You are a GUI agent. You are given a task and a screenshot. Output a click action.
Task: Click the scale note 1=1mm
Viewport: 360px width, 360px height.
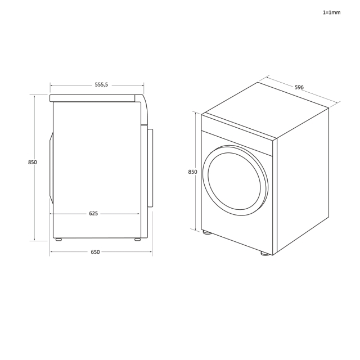[331, 12]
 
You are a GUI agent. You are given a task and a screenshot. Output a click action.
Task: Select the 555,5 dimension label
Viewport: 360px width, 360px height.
[101, 85]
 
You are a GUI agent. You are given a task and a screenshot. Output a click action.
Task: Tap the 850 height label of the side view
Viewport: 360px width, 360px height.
[33, 163]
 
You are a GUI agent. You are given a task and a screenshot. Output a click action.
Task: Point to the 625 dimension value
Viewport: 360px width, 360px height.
[93, 214]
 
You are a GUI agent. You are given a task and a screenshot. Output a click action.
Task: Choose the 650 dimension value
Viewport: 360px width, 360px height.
[95, 253]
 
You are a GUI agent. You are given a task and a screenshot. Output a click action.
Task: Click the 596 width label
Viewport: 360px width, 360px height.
[299, 87]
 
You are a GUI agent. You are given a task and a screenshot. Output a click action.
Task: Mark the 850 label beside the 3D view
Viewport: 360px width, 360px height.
[192, 172]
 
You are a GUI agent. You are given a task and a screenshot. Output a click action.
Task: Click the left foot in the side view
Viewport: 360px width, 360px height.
[58, 240]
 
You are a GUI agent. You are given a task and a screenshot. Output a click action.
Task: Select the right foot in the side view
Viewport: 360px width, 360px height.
[137, 240]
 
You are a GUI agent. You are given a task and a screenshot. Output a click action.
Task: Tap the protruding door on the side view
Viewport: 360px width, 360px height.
[150, 168]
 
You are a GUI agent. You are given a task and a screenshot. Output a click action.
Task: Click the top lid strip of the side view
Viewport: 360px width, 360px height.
[93, 98]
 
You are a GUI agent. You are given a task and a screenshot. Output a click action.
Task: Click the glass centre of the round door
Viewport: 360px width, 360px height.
[234, 181]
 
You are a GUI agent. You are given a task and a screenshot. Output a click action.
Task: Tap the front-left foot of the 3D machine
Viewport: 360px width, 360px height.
[207, 232]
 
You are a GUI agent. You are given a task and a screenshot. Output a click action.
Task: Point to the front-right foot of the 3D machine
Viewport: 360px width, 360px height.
[265, 254]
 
